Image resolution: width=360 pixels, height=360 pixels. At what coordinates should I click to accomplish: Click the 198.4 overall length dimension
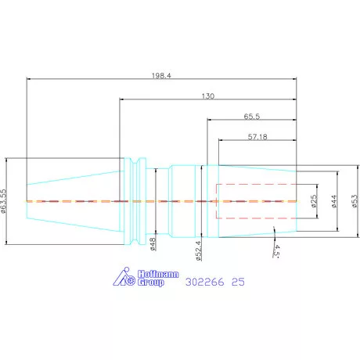161,76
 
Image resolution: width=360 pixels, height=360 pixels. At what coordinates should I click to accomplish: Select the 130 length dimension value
208,96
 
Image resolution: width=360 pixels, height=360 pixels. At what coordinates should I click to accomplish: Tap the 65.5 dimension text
252,117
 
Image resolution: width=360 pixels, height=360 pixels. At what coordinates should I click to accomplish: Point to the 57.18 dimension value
257,137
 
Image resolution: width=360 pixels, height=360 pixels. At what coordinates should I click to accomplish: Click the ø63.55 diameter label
3,201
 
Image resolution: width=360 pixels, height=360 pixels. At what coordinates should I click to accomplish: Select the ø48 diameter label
153,244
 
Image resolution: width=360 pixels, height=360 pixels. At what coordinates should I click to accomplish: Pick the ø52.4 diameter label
199,250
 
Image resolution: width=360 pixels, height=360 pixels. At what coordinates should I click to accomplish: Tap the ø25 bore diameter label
314,201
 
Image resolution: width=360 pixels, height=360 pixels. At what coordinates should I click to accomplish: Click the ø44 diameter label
334,201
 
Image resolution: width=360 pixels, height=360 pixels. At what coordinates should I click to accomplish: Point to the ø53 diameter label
355,201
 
